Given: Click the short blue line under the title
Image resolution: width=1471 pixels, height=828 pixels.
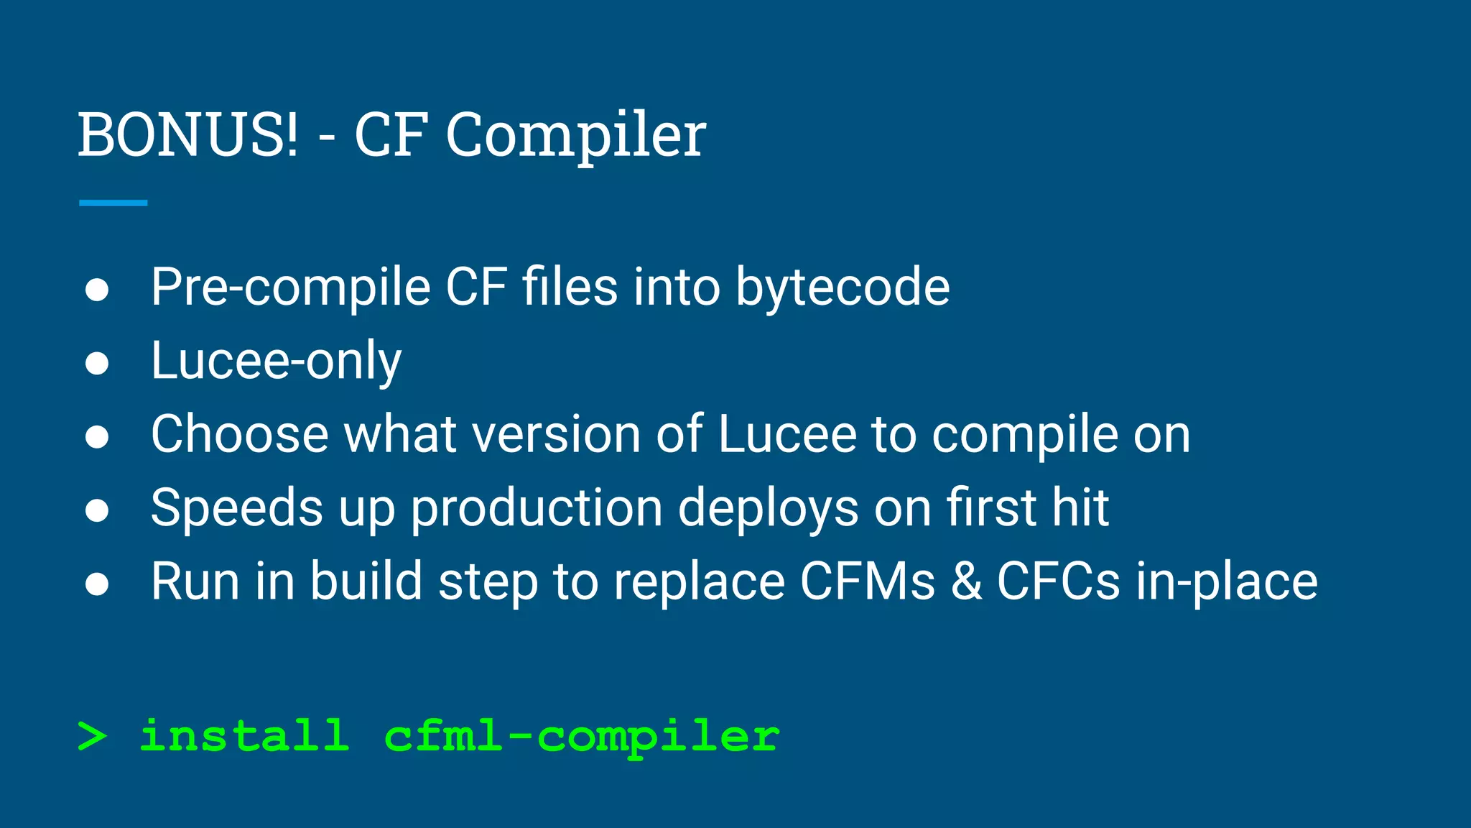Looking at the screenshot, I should (x=113, y=203).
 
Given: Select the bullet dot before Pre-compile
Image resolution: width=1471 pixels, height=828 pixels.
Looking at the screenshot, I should (x=97, y=290).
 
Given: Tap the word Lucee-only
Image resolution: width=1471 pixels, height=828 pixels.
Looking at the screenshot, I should (x=276, y=362).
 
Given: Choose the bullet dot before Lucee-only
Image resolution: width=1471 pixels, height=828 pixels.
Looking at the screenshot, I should (x=97, y=363).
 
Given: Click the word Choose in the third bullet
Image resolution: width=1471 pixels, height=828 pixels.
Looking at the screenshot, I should (x=239, y=435).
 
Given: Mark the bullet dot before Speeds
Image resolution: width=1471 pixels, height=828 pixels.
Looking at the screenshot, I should (x=97, y=510).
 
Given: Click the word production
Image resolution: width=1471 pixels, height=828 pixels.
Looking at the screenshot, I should (x=536, y=509).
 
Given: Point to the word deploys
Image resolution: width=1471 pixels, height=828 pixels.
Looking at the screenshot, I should (x=768, y=509).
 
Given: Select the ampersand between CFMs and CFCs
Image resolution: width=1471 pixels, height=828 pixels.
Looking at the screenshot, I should (x=966, y=581).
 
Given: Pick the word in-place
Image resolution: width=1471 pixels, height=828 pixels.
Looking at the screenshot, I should (x=1227, y=582).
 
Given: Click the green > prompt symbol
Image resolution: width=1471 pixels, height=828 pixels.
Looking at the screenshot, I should (x=93, y=736).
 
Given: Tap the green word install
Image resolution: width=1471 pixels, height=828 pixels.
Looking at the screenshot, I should (x=244, y=736).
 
